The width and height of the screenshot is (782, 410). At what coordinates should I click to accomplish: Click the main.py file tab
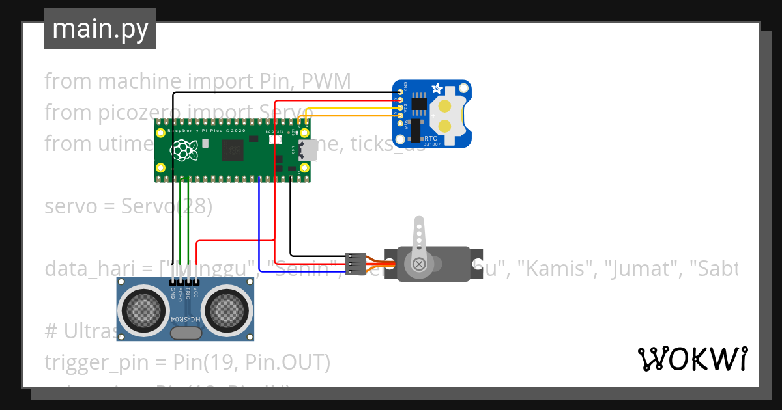click(x=100, y=29)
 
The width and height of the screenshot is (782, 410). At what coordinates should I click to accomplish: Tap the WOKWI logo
click(x=691, y=359)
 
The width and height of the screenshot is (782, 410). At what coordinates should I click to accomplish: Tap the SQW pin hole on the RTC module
click(x=399, y=123)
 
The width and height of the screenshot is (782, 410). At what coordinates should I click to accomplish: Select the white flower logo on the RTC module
click(x=437, y=88)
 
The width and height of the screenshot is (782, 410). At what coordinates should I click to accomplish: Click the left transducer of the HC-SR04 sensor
click(x=143, y=310)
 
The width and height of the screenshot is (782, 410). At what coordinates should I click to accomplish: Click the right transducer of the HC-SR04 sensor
click(x=227, y=310)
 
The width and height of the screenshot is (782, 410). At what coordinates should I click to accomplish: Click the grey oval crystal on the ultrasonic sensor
click(x=185, y=333)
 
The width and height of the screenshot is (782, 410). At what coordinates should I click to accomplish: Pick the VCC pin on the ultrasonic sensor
click(x=195, y=283)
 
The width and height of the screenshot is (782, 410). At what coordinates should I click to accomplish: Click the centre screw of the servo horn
click(x=418, y=264)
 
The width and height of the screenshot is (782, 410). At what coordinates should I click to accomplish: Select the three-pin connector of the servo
click(x=355, y=263)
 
